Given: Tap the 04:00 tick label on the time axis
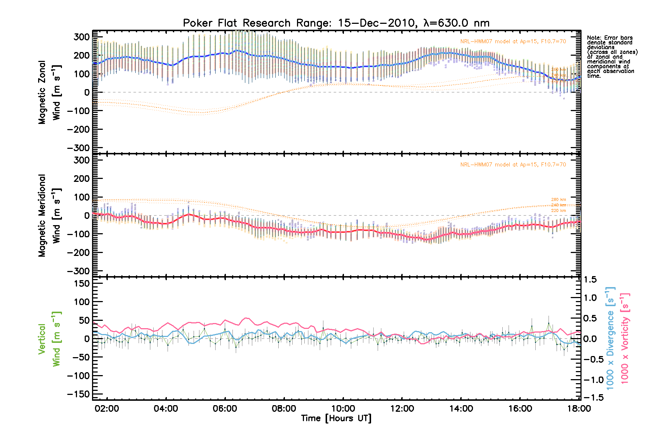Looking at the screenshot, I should point(166,408).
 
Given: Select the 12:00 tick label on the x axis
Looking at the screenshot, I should point(402,408).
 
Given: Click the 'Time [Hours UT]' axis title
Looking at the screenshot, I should point(336,418).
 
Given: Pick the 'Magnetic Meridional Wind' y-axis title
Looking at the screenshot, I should point(49,215).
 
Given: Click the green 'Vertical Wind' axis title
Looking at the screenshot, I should point(49,339).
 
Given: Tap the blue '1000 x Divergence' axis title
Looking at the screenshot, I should point(610,338).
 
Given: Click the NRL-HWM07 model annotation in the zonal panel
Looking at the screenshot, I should point(513,41).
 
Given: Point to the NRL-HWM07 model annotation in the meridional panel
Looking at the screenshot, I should point(513,165).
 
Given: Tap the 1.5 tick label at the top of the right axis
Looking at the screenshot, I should point(590,280).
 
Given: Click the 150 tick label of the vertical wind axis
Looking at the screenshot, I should point(82,283).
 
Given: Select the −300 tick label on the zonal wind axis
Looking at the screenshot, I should point(78,148).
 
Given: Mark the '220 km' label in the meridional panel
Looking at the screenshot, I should point(558,210).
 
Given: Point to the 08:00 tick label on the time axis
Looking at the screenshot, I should point(284,408).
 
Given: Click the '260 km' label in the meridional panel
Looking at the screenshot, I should point(558,199).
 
